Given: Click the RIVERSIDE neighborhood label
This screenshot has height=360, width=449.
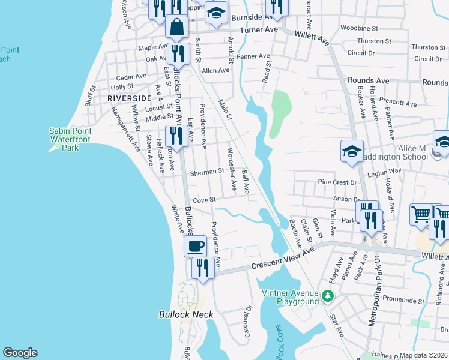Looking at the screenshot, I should coord(130,98).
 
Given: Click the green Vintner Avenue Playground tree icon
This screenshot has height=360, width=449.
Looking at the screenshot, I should coord(327,296).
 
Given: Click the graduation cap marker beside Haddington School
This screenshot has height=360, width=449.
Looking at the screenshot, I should coord(352,151).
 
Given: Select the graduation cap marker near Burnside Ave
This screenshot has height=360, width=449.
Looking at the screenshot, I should coord(215,12).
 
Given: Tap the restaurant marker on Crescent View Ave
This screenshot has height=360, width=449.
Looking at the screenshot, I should coord(203,268).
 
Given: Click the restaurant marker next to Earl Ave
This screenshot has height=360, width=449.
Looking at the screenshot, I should coord(175,136).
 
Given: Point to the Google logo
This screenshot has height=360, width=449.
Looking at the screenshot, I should coord(20,353).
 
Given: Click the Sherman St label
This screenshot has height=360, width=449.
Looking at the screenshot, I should coord(208,170).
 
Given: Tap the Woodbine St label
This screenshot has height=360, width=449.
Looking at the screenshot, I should coord(358,28).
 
